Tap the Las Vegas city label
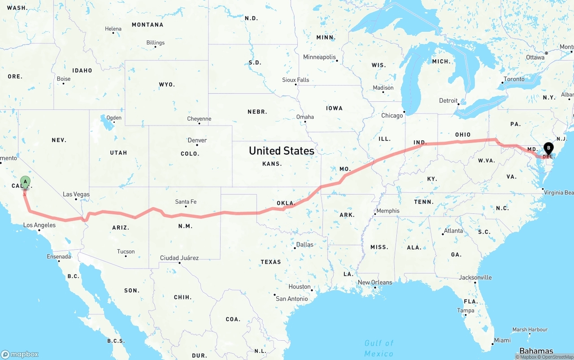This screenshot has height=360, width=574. pos(76,194)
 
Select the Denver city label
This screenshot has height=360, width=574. pos(197,140)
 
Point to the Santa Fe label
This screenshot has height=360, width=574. pos(186,202)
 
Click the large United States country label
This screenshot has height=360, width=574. pos(282,151)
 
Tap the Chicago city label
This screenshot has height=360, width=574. pos(392,116)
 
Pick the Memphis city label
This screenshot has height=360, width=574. pos(387,211)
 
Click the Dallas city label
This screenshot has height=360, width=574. pos(304,245)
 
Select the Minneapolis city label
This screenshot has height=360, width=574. pos(319,57)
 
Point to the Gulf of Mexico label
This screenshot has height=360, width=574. pos(379,348)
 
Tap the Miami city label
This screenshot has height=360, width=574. pos(502,340)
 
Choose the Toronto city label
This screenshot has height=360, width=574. pos(514,79)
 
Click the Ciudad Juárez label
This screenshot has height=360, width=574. pos(179,258)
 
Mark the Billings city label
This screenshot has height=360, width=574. pos(155,43)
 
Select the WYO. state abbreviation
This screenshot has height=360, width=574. pos(167,85)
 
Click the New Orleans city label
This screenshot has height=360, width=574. pos(375,282)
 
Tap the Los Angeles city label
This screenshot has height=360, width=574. pos(39,225)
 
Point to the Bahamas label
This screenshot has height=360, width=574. pos(536,351)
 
